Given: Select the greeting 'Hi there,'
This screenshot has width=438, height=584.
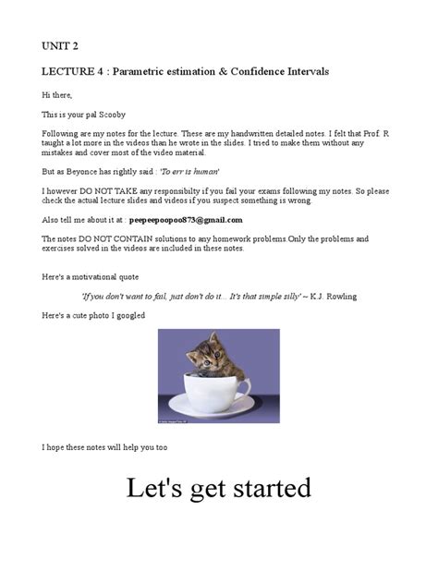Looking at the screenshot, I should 56,95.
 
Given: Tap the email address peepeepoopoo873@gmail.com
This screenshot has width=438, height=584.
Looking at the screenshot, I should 186,220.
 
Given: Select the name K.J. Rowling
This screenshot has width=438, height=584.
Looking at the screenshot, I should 331,297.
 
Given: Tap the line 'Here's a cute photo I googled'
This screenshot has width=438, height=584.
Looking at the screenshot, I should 93,316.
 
